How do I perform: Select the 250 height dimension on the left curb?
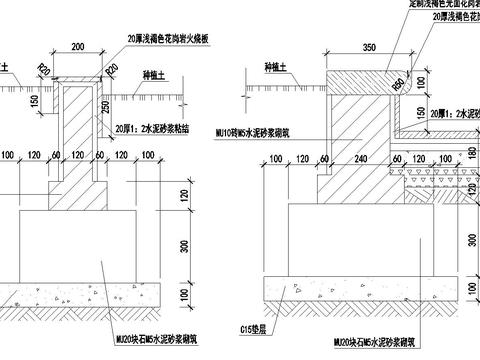point(104,107)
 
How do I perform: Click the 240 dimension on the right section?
point(356,157)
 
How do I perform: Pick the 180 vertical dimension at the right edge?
point(473,153)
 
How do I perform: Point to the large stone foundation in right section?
point(370,240)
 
